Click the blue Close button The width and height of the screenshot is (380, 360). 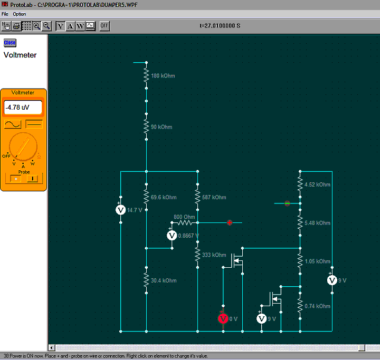click(10, 43)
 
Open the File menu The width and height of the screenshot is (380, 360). click(5, 14)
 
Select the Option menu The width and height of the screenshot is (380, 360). click(20, 14)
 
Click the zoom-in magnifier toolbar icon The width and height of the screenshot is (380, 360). click(36, 26)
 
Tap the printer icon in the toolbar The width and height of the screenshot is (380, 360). click(16, 26)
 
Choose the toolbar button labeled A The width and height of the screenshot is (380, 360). click(70, 26)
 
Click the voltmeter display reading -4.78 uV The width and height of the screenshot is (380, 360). click(23, 107)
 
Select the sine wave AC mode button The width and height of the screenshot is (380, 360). click(13, 124)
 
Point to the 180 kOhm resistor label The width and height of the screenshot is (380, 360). click(163, 76)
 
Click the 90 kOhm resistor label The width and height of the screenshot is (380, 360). click(161, 127)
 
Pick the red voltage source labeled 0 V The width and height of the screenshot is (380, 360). click(223, 318)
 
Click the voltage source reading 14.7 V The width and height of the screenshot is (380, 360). click(121, 210)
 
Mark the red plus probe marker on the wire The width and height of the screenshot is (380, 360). click(230, 222)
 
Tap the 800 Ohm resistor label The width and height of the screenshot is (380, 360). click(184, 217)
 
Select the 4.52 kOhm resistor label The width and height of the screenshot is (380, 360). click(317, 184)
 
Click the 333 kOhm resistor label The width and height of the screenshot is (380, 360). click(214, 255)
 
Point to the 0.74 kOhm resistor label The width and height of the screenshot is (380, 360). click(317, 306)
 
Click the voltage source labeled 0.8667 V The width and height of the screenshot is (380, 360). click(172, 235)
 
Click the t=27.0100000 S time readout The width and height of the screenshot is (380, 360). click(220, 26)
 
